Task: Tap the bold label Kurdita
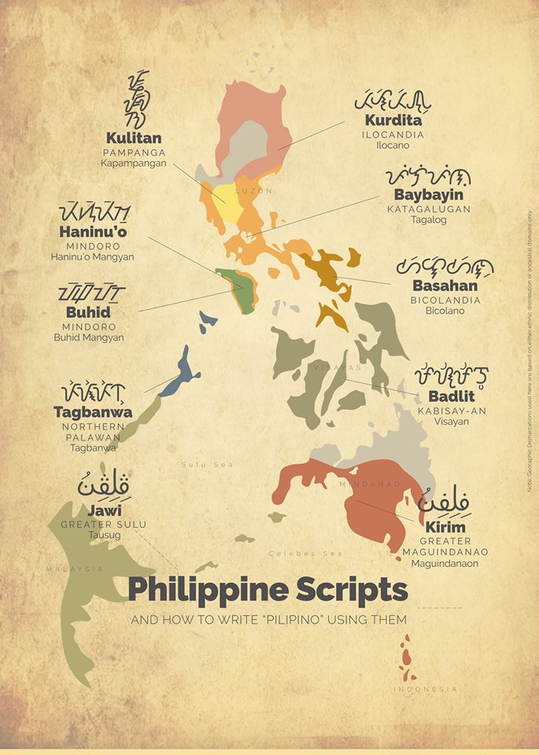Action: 393,121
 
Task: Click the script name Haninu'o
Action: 93,232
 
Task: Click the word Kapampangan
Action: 134,164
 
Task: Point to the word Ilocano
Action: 393,146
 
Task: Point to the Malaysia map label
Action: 75,569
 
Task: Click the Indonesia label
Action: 426,689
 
